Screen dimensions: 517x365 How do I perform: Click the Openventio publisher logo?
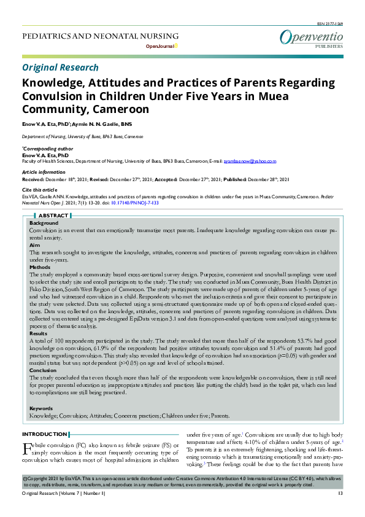tap(311, 38)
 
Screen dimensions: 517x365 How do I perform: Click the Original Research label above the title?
tap(60, 68)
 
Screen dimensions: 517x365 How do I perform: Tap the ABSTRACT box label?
tap(53, 216)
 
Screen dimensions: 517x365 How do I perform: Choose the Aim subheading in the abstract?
tap(35, 244)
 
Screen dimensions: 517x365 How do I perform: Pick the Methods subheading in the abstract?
tap(40, 267)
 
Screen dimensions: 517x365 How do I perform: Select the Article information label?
tap(44, 173)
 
